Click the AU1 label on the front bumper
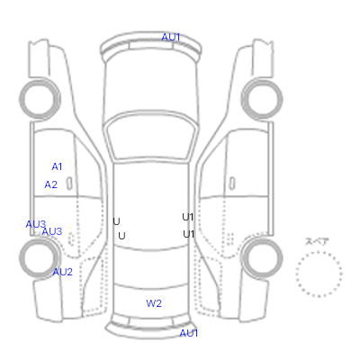click(x=171, y=37)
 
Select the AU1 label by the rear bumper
click(x=189, y=333)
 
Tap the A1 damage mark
click(x=57, y=166)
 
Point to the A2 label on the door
click(x=50, y=184)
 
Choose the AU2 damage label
click(x=63, y=272)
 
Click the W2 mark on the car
click(x=154, y=303)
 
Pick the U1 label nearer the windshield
click(x=188, y=217)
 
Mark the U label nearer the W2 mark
click(x=121, y=236)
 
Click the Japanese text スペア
click(x=317, y=241)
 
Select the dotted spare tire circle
click(x=319, y=252)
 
